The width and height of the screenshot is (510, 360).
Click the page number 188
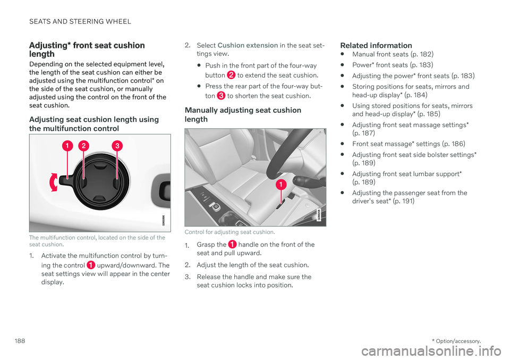pos(20,341)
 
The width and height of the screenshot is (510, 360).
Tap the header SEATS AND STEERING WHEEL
pos(80,21)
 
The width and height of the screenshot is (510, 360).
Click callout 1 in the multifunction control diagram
pos(67,146)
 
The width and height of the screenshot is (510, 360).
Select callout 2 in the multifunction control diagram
pos(83,146)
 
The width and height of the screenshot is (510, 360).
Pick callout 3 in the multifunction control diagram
pos(117,146)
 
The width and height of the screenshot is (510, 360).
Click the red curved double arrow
pos(53,182)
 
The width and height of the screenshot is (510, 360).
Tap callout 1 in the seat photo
pos(281,185)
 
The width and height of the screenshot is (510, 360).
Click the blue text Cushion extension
pos(248,46)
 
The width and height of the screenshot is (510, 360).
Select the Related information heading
pos(376,46)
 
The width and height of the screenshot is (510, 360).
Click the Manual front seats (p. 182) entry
pos(393,54)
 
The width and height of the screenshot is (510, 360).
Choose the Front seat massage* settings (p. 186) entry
pos(409,144)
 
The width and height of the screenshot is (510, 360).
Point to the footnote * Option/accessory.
pos(456,341)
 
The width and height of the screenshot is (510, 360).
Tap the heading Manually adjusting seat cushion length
pos(243,114)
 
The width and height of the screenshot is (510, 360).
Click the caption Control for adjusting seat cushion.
pos(229,232)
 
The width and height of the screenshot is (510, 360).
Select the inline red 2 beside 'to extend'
pos(231,75)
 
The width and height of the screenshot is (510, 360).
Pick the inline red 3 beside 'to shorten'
pos(221,96)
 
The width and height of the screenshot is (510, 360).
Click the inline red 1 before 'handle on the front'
pos(232,244)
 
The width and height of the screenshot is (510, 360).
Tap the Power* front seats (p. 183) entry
pos(393,65)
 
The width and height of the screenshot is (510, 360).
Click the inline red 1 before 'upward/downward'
pos(91,265)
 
